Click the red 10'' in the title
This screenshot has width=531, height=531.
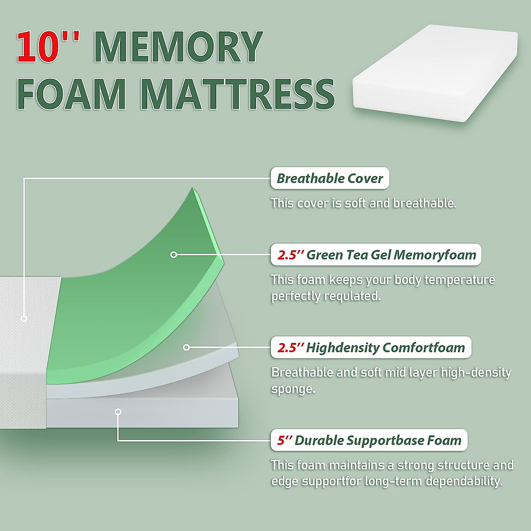(x=48, y=46)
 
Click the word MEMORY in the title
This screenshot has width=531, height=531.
(x=178, y=46)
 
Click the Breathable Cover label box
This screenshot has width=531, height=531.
(x=330, y=178)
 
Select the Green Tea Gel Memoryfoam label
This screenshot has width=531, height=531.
(x=376, y=255)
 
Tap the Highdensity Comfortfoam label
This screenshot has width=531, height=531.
(x=371, y=348)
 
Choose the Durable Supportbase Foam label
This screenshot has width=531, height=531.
(x=369, y=440)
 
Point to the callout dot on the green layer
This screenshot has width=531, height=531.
(x=173, y=254)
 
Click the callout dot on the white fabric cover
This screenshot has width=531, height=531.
(x=24, y=319)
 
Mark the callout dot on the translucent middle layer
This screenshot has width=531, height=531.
(x=186, y=347)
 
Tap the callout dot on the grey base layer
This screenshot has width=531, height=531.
(x=118, y=412)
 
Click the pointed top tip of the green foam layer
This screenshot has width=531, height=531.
(x=192, y=189)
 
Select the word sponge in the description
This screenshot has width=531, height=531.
(x=293, y=389)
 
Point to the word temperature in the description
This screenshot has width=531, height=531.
(x=460, y=280)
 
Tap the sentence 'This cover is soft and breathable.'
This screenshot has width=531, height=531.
(x=363, y=204)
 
